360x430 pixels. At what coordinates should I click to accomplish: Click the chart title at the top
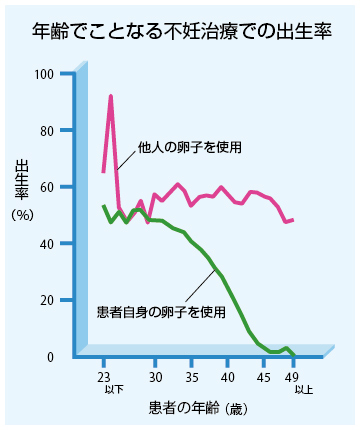[x=180, y=31]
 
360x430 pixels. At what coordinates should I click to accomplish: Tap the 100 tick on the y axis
[x=46, y=75]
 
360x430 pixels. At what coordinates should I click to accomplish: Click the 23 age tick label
[x=103, y=377]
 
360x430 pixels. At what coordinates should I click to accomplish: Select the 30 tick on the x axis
[x=155, y=377]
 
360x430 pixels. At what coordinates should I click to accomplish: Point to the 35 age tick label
[x=192, y=377]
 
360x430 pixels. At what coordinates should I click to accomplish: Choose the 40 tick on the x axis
[x=228, y=377]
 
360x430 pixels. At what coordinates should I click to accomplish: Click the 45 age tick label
[x=264, y=377]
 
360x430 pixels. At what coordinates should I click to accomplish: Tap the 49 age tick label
[x=293, y=377]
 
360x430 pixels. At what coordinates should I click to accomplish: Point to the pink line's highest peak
[x=111, y=96]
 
